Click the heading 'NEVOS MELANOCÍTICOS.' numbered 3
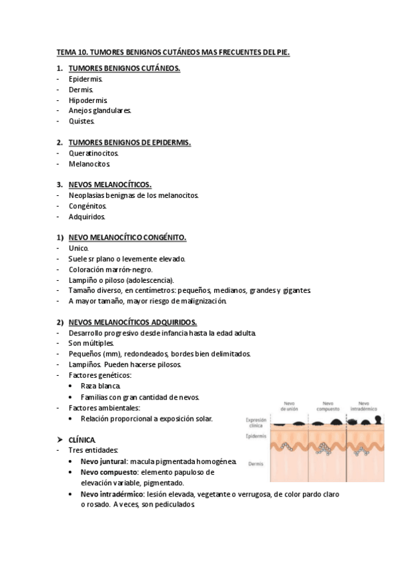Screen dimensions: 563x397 coord(110,184)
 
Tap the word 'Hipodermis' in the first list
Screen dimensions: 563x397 coord(88,100)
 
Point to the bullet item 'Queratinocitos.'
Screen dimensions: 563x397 coord(94,153)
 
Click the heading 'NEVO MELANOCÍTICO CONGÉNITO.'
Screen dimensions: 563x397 coord(128,237)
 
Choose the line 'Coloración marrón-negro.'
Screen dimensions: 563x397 coord(111,269)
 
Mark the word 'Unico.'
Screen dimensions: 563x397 coord(79,248)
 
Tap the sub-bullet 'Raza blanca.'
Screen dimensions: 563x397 coord(101,386)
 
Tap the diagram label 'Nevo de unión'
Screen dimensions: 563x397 coord(290,406)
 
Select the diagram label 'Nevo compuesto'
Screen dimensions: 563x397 coord(327,406)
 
